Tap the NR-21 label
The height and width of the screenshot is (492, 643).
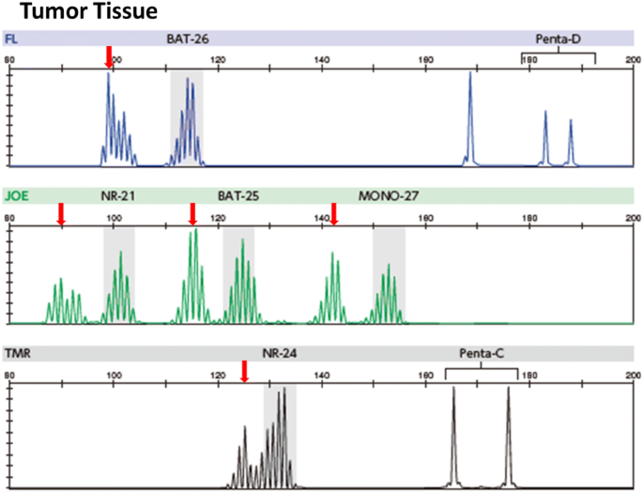point(118,196)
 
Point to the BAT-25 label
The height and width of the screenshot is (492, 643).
point(238,196)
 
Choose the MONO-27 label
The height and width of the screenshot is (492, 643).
point(389,196)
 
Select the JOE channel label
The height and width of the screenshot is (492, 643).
point(15,196)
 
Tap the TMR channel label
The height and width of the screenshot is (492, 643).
point(16,354)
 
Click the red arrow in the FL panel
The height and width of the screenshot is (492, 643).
point(109,56)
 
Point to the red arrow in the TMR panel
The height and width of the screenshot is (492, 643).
point(244,372)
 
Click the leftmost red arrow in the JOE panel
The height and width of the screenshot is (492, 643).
point(61,214)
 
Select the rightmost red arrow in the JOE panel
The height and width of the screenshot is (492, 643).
point(333,214)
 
